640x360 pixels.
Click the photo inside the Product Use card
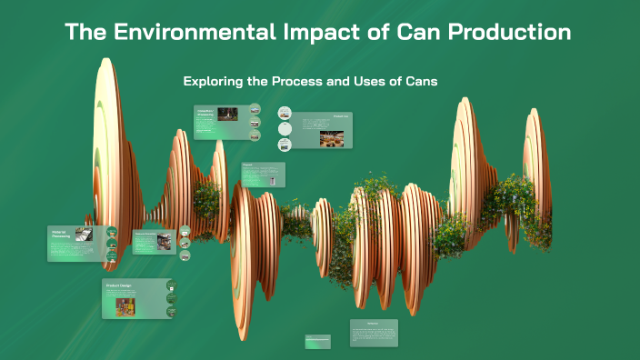point(332,137)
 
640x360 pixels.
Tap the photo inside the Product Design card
point(119,307)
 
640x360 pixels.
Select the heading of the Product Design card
point(121,285)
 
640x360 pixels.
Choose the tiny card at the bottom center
point(318,341)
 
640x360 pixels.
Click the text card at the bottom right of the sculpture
point(374,332)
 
